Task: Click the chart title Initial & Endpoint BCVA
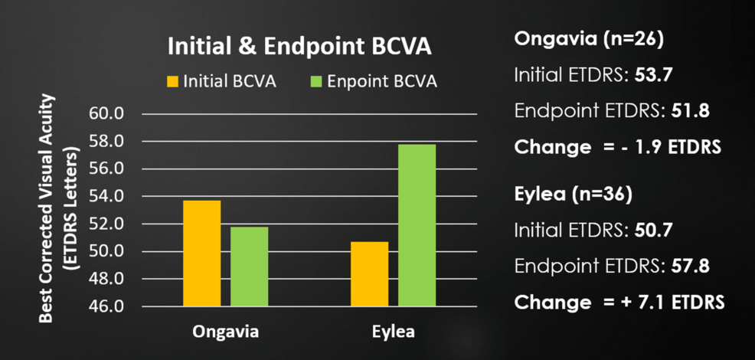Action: point(299,47)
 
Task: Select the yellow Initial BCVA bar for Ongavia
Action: point(201,253)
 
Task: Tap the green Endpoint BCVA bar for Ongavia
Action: point(249,267)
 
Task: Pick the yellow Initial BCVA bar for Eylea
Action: point(370,273)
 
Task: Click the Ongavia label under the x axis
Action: point(225,332)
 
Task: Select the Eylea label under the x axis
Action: point(394,332)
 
